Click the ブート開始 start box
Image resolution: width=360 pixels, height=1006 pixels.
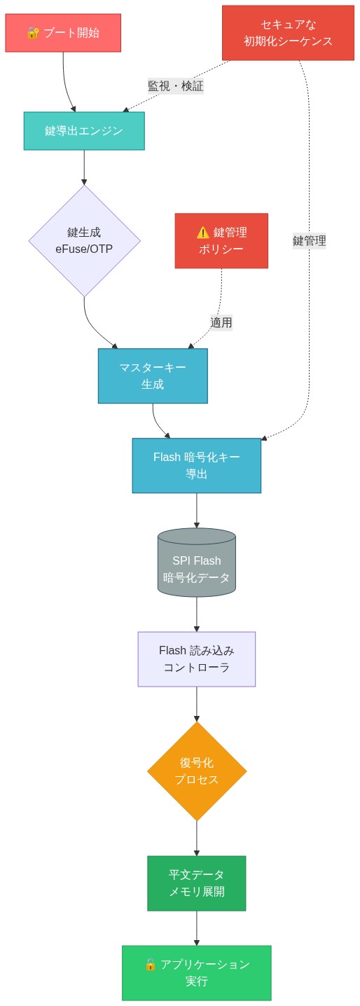pyautogui.click(x=63, y=33)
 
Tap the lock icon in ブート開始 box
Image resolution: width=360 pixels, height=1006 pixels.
pyautogui.click(x=33, y=33)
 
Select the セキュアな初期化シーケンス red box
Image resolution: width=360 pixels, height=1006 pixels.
pyautogui.click(x=288, y=33)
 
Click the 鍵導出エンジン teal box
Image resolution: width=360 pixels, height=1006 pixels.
pyautogui.click(x=84, y=131)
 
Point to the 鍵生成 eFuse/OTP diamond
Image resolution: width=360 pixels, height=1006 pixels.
pyautogui.click(x=84, y=240)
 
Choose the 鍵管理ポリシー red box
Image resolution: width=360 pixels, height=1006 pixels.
pyautogui.click(x=221, y=240)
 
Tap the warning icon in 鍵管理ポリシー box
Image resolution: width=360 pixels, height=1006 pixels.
pyautogui.click(x=202, y=233)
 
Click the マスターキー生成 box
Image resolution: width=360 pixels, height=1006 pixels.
pyautogui.click(x=153, y=375)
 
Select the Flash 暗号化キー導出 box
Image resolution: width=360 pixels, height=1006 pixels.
pyautogui.click(x=196, y=465)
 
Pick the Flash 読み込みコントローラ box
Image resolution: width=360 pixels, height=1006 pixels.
pyautogui.click(x=196, y=659)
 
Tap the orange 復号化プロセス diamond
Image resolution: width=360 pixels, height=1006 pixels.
pyautogui.click(x=196, y=771)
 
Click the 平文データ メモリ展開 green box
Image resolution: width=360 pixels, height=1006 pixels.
pyautogui.click(x=196, y=883)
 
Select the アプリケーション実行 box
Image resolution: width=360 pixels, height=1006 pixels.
pyautogui.click(x=196, y=972)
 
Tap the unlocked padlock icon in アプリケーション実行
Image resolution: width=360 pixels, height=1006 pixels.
pyautogui.click(x=150, y=965)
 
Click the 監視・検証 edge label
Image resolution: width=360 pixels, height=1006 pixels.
pyautogui.click(x=175, y=86)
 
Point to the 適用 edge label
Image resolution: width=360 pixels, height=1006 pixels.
pyautogui.click(x=221, y=322)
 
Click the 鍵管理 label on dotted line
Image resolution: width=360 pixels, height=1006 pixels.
pyautogui.click(x=309, y=240)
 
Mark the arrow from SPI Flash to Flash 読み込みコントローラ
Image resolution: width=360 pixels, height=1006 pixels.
pyautogui.click(x=196, y=614)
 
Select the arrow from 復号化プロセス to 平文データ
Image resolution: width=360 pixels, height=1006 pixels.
pyautogui.click(x=196, y=838)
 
